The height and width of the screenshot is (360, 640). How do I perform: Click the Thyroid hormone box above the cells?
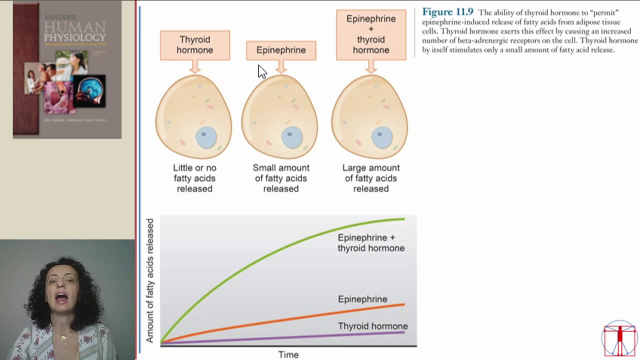pyautogui.click(x=195, y=45)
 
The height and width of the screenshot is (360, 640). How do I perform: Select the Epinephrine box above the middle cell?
pyautogui.click(x=281, y=50)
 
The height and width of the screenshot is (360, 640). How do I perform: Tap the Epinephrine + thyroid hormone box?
pyautogui.click(x=371, y=34)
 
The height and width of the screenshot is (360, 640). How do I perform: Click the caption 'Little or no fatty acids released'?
pyautogui.click(x=194, y=178)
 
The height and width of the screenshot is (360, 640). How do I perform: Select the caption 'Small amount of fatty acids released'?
pyautogui.click(x=281, y=178)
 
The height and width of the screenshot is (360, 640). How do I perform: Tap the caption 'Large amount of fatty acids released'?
pyautogui.click(x=371, y=178)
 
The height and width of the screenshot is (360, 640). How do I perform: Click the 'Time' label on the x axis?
pyautogui.click(x=288, y=354)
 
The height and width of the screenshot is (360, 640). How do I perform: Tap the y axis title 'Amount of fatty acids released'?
pyautogui.click(x=150, y=280)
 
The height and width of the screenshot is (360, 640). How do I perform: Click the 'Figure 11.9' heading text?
pyautogui.click(x=447, y=12)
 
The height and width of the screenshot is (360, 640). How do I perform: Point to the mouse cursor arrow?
pyautogui.click(x=261, y=71)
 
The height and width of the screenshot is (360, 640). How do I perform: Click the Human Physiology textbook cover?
pyautogui.click(x=67, y=69)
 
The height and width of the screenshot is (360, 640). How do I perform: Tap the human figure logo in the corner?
pyautogui.click(x=619, y=338)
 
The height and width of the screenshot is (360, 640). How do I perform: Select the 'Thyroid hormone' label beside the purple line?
pyautogui.click(x=372, y=326)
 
